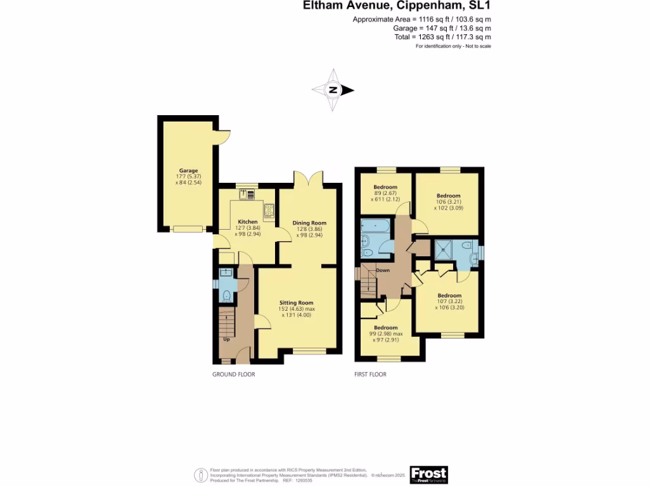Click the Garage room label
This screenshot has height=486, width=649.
188,171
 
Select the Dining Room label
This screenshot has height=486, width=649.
309,223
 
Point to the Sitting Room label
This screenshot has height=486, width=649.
297,302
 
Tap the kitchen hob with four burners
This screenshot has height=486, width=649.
269,211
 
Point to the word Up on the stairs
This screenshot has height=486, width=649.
226,339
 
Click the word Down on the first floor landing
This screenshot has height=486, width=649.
383,270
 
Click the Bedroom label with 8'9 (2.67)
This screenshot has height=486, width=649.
385,187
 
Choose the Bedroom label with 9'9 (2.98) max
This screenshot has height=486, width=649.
389,328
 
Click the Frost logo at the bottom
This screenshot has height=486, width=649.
428,473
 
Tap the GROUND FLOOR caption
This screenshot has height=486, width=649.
233,375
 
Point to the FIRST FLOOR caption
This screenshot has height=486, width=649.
370,375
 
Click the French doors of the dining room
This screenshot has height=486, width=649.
309,179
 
